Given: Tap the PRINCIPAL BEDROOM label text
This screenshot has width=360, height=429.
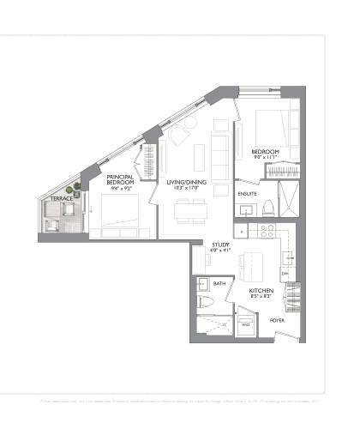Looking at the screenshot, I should pos(119,179).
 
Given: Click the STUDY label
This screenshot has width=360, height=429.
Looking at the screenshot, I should pos(220,245).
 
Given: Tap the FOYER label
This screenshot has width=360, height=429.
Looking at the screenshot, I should pos(277,320).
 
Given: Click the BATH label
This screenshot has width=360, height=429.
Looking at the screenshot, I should pos(219,283).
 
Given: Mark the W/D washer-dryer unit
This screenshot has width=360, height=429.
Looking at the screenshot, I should pos(246,323).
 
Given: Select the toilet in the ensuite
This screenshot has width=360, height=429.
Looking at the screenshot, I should pos(267,206).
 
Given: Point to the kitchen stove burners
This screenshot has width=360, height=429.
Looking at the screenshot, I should pos(266,231).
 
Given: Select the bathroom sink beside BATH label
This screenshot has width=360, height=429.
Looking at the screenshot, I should pos(203,284).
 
